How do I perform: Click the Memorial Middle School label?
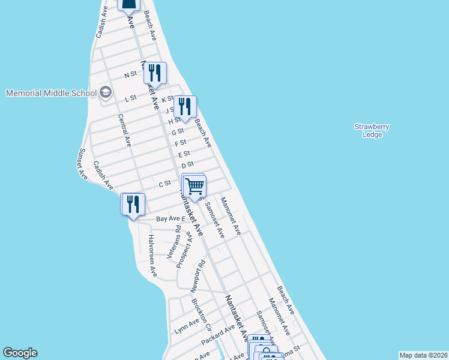click(50, 93)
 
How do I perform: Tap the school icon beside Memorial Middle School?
click(106, 92)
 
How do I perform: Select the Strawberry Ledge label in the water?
click(372, 130)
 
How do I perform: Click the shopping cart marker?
click(194, 187)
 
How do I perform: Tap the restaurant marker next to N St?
click(156, 73)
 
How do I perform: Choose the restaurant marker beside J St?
click(185, 107)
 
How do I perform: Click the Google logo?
click(20, 353)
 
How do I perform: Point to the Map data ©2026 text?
click(423, 355)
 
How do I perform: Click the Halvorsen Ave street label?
click(152, 256)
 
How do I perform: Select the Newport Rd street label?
click(198, 276)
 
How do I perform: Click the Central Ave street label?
click(124, 130)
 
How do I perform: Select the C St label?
click(165, 184)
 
